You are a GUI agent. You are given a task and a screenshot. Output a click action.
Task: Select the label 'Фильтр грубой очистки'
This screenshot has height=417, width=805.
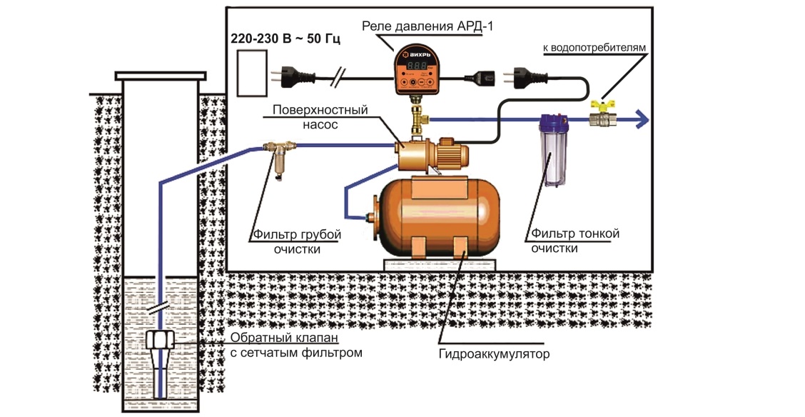tap(297, 241)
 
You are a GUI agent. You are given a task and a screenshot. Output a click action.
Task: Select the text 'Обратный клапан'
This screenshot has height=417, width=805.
tap(283, 338)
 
